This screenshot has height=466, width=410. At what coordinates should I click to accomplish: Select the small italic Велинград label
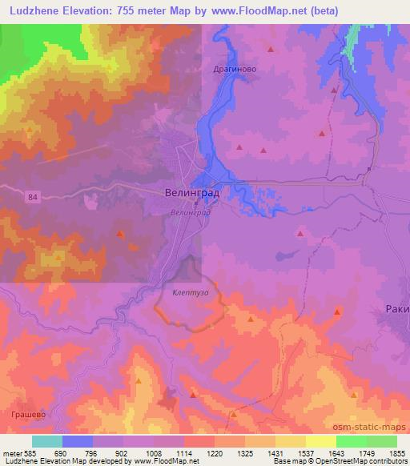point(190,213)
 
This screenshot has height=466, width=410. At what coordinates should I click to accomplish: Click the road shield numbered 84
point(54,197)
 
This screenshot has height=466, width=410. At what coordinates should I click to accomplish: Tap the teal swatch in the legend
point(47,441)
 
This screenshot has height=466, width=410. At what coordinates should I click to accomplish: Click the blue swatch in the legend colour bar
point(78,441)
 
